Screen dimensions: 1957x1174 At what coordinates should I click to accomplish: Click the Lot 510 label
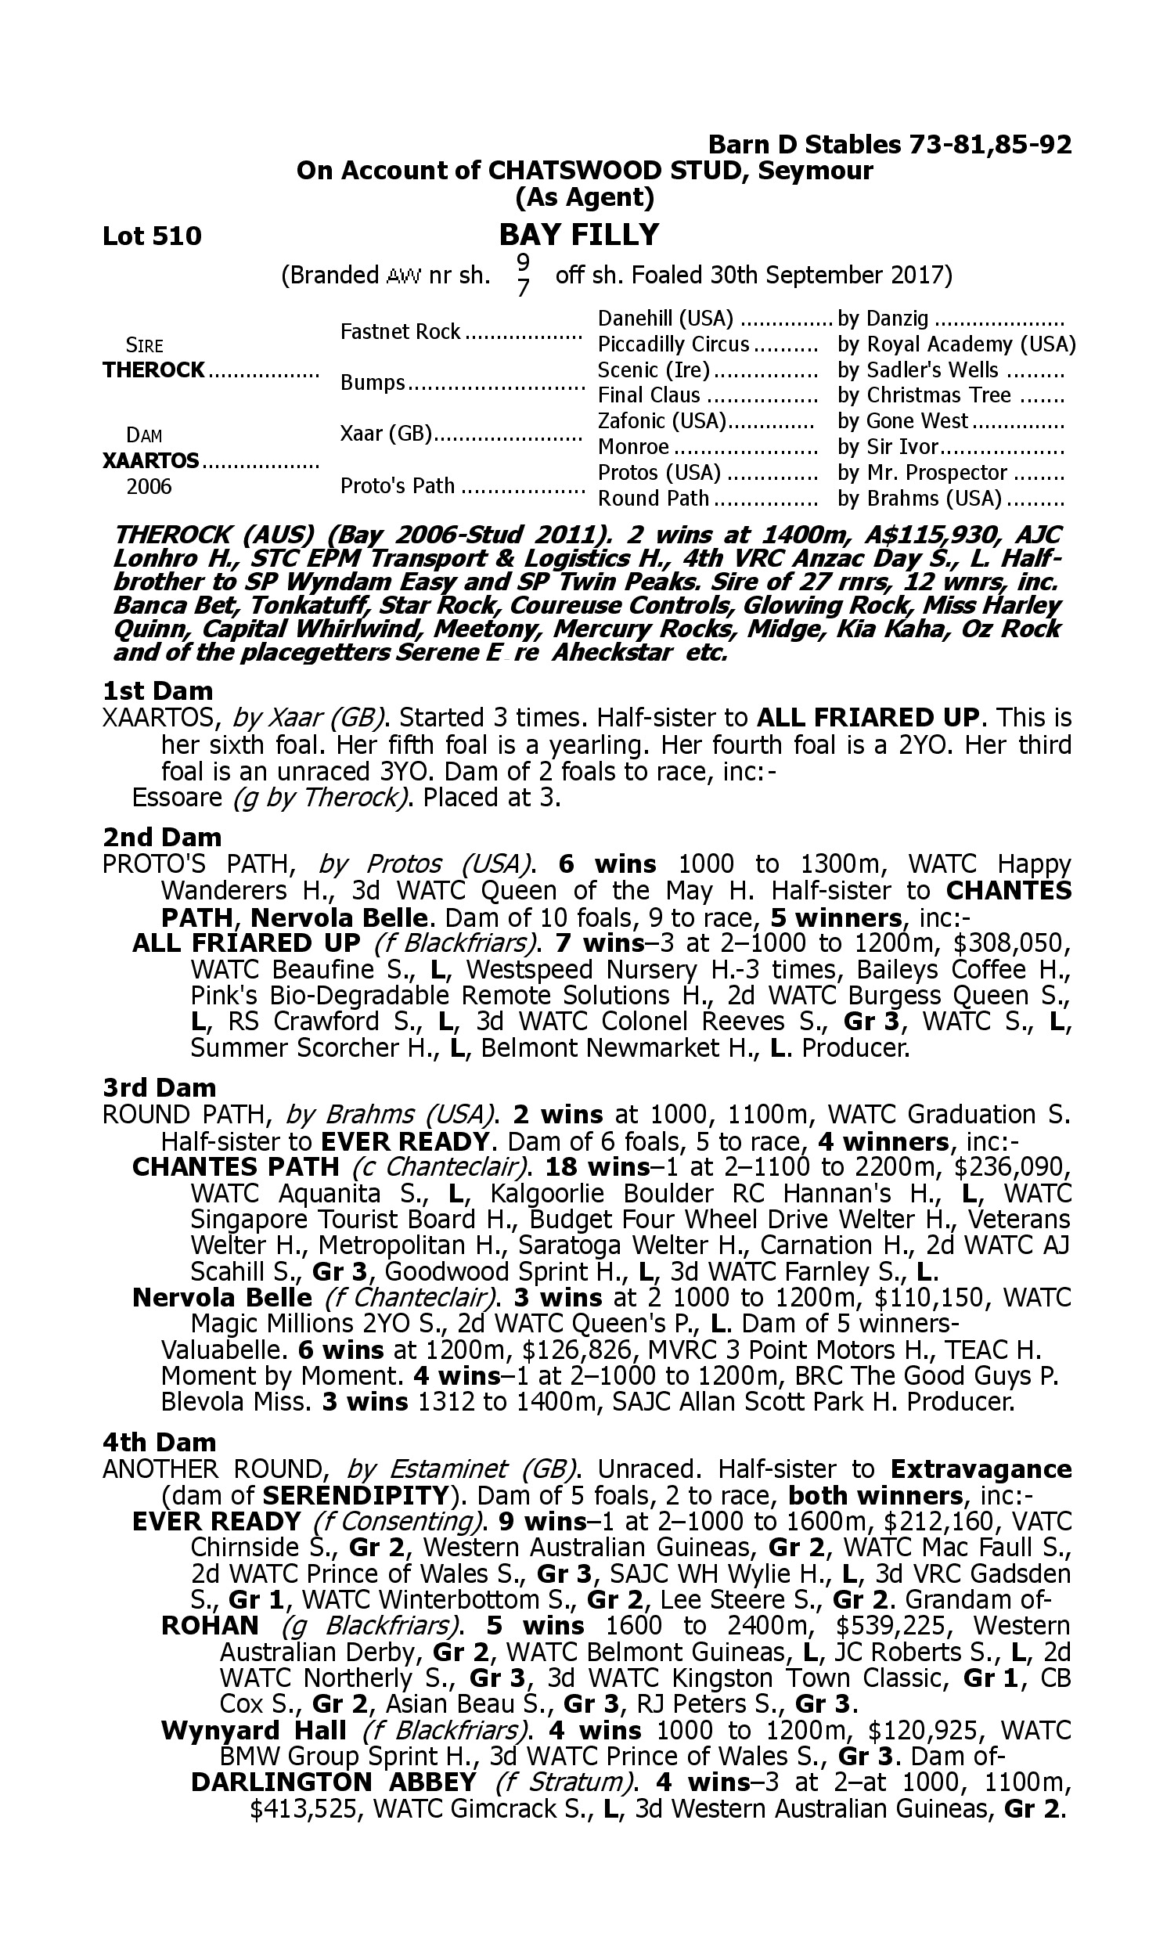(152, 236)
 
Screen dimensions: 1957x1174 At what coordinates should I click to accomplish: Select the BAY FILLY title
(578, 235)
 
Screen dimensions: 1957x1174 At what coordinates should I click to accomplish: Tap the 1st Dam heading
(157, 690)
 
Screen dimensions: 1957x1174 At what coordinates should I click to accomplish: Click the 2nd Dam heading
(162, 836)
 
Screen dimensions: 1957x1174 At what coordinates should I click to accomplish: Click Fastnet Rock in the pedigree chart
(400, 331)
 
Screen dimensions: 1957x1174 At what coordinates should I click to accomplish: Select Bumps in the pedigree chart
(373, 383)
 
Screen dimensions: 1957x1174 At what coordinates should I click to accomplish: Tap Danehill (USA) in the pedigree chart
(665, 319)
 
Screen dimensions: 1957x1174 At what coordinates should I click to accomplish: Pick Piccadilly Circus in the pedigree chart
(673, 344)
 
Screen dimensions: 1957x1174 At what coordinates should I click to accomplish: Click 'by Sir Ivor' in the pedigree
(888, 447)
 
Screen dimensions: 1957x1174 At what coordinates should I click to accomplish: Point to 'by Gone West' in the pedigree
(902, 421)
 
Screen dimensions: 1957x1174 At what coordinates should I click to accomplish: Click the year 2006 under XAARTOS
(149, 485)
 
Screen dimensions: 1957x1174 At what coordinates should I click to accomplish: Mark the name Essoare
(177, 797)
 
